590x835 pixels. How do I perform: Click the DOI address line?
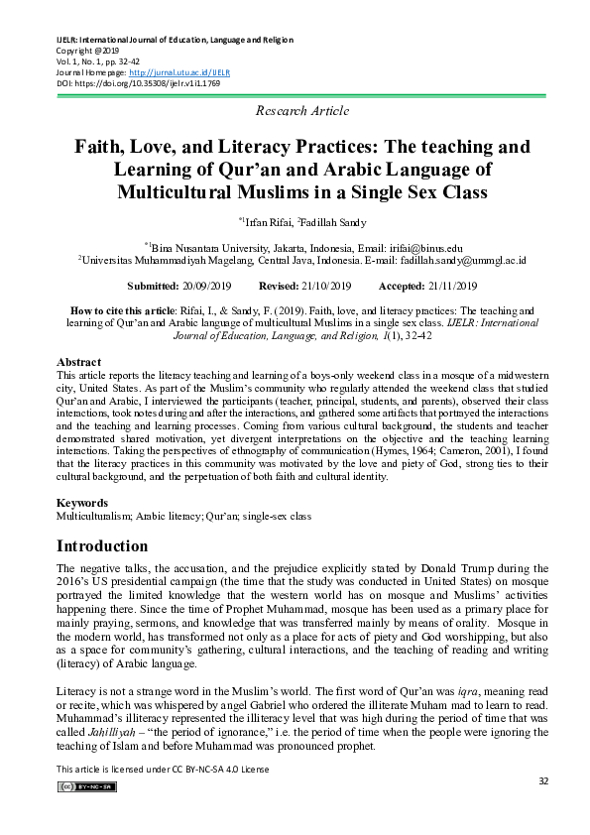(139, 83)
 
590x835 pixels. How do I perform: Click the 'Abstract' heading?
(79, 363)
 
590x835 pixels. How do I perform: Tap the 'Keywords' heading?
(82, 504)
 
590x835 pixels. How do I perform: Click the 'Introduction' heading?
(102, 546)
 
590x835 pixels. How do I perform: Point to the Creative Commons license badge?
(86, 786)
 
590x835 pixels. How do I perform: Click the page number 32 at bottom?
(543, 781)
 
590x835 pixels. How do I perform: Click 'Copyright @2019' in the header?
(87, 51)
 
